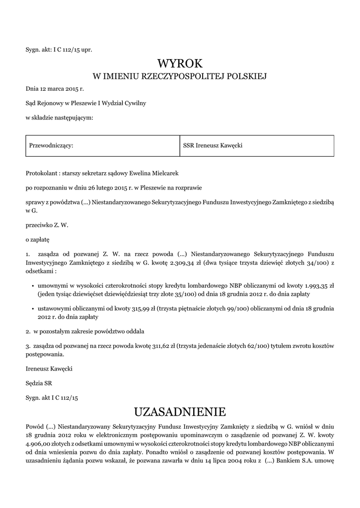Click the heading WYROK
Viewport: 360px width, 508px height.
point(180,63)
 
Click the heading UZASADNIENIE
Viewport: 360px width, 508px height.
point(180,411)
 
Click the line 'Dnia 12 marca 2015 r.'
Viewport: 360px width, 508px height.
point(55,89)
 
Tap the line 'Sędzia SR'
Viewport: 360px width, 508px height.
point(39,383)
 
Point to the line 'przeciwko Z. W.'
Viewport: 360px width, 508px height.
point(47,225)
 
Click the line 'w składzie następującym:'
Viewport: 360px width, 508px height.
point(60,118)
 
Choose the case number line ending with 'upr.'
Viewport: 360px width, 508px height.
point(59,49)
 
